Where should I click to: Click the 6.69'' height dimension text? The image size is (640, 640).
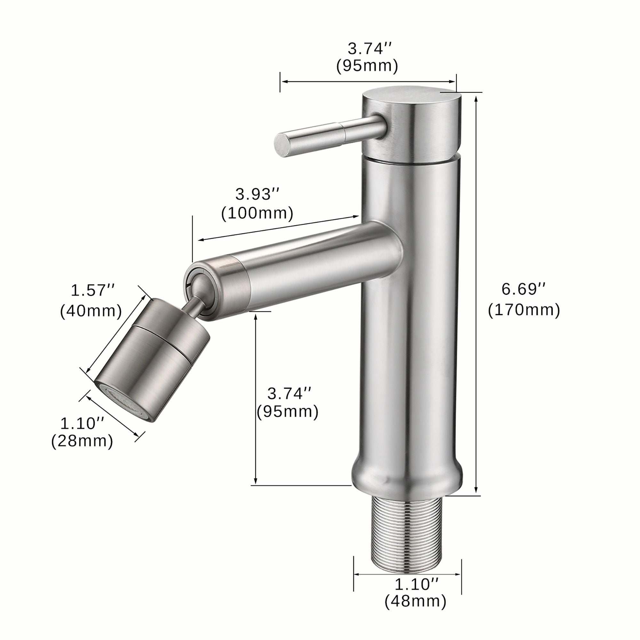[x=523, y=290]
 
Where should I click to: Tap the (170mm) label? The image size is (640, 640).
[x=524, y=310]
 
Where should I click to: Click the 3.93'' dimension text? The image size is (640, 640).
[x=257, y=195]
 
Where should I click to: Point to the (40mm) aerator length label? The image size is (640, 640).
[x=91, y=311]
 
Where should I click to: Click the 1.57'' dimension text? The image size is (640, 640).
[x=92, y=291]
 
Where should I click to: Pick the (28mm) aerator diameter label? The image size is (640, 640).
[x=82, y=441]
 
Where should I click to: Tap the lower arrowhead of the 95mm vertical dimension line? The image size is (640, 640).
[x=255, y=482]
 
